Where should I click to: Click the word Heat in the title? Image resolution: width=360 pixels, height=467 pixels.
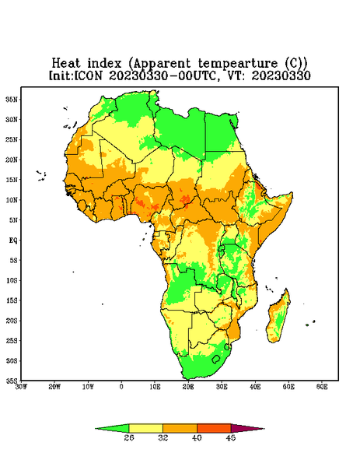[66, 64]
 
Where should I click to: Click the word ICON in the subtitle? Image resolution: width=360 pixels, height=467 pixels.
[88, 75]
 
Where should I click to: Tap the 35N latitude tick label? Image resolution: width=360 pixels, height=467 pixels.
[12, 99]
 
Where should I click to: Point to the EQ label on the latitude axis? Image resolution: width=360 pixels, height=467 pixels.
[13, 240]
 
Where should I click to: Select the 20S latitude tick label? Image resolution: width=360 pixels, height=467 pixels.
[12, 321]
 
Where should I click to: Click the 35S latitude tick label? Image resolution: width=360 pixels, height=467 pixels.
[12, 381]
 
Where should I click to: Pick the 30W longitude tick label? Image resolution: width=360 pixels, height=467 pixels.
[21, 387]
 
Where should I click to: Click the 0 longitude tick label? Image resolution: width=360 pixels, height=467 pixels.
[121, 387]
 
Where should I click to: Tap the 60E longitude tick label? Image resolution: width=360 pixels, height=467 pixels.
[322, 387]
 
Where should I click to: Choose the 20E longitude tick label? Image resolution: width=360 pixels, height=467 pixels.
[188, 387]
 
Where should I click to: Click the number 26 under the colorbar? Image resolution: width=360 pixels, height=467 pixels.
[129, 437]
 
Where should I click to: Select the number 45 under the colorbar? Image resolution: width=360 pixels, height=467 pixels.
[231, 437]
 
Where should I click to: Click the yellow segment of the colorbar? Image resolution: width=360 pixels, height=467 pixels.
[145, 428]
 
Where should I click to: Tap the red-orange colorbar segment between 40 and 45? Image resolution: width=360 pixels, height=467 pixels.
[214, 428]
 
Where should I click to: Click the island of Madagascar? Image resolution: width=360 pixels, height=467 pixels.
[278, 318]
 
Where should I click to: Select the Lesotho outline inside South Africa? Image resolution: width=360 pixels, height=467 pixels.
[216, 359]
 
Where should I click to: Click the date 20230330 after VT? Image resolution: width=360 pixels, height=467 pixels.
[281, 75]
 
